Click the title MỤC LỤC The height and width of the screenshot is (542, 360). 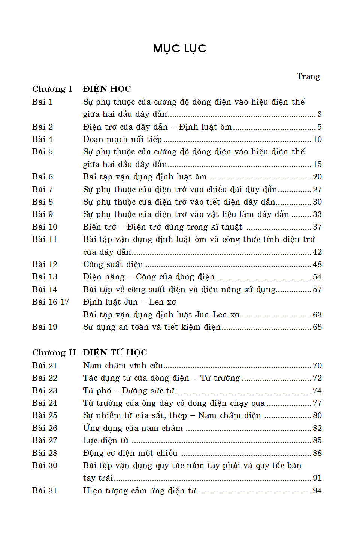click(179, 48)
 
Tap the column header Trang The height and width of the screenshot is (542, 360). click(308, 76)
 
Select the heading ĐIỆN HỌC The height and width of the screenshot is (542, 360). click(107, 89)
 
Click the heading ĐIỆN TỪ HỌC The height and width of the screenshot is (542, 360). click(115, 353)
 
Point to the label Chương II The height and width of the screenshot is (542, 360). click(54, 353)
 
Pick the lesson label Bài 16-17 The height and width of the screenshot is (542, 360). click(51, 302)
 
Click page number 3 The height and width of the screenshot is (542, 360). click(319, 114)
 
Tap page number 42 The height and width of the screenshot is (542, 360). click(317, 252)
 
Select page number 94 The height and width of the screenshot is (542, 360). click(317, 491)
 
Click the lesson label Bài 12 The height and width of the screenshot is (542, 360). click(45, 264)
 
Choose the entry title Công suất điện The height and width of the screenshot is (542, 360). click(113, 264)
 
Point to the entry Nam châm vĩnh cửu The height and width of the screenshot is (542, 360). click(123, 366)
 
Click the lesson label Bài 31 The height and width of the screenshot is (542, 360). click(45, 491)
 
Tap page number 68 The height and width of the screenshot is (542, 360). click(317, 327)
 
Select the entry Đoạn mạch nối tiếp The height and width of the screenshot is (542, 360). click(122, 139)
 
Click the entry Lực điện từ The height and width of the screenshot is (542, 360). click(106, 440)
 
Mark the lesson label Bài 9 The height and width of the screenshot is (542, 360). click(42, 214)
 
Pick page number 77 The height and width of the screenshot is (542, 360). click(317, 403)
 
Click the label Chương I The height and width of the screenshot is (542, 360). click(52, 89)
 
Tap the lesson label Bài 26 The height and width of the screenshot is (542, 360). click(45, 428)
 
